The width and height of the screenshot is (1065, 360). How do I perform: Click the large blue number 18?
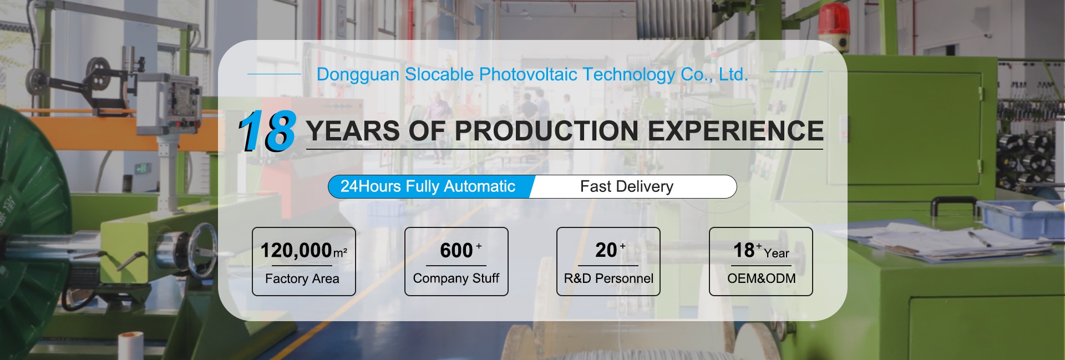pos(267,131)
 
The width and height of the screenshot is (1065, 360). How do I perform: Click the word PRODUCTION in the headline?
pos(546,131)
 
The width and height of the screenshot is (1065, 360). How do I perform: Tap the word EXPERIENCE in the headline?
pos(736,131)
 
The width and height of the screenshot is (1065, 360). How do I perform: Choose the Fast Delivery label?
pos(627,186)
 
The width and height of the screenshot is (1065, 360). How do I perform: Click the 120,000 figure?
pos(296,251)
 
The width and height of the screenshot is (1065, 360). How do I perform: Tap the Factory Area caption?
pos(302,278)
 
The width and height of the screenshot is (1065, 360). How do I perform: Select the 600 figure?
pos(456,251)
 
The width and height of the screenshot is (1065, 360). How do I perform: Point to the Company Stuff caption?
pos(456,278)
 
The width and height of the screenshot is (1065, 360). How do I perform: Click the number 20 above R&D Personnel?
pos(606,250)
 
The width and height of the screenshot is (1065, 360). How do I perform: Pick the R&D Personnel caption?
pos(608,278)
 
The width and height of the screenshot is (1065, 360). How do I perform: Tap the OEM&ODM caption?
pos(761,278)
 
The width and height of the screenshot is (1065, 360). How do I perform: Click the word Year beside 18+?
pos(777,253)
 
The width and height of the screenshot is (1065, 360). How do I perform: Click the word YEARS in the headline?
pos(353,131)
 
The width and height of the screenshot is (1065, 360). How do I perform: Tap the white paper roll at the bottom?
pos(131,346)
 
